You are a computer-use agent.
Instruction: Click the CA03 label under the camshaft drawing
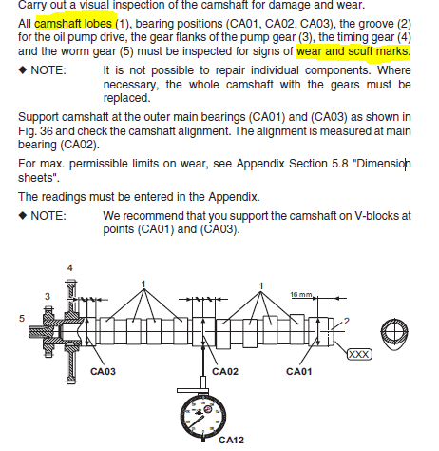103,371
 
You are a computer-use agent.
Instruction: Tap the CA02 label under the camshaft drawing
225,371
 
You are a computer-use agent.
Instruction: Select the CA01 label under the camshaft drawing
299,371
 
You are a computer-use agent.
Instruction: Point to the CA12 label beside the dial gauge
231,440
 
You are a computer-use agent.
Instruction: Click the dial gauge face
203,417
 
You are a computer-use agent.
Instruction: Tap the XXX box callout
359,354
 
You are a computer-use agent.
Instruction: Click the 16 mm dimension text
301,295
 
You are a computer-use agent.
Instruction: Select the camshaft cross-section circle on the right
394,333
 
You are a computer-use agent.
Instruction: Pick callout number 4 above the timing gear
70,268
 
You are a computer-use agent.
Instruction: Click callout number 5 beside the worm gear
22,318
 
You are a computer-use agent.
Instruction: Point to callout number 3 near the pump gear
48,296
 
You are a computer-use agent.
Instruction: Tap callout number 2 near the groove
347,322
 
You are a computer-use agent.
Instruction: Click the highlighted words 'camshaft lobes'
73,24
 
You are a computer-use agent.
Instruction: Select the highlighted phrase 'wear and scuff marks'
353,51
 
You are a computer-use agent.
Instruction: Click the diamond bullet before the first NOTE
23,69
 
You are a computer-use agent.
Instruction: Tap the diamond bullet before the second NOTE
23,215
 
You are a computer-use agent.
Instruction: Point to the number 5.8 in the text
340,164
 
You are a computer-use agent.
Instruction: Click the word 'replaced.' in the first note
126,98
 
